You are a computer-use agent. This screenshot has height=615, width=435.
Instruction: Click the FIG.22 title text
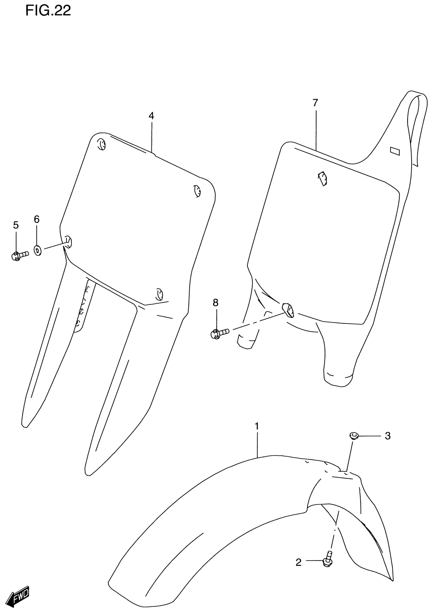(48, 10)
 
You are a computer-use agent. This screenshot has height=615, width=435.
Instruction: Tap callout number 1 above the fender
(257, 426)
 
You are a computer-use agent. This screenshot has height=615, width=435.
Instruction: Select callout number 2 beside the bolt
(298, 563)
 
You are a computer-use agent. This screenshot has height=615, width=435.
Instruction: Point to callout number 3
(387, 436)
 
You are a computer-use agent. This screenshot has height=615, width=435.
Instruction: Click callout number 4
(151, 116)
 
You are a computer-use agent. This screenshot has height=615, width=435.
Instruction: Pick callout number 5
(16, 225)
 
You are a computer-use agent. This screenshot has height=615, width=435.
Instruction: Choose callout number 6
(37, 219)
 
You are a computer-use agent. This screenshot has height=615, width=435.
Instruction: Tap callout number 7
(315, 103)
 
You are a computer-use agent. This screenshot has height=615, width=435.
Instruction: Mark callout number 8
(215, 303)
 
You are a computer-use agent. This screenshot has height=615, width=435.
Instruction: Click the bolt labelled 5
(19, 255)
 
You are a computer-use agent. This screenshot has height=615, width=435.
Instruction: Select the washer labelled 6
(38, 250)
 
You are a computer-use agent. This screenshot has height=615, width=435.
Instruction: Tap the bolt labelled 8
(219, 333)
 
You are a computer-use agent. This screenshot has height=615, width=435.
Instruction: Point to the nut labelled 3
(353, 435)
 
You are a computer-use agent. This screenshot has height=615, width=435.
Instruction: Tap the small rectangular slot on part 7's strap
(395, 151)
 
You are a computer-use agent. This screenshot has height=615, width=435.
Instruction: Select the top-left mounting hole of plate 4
(101, 144)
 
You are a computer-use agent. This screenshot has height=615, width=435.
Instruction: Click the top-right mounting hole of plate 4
(197, 190)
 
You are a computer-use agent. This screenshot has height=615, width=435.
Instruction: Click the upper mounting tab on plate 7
(322, 178)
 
